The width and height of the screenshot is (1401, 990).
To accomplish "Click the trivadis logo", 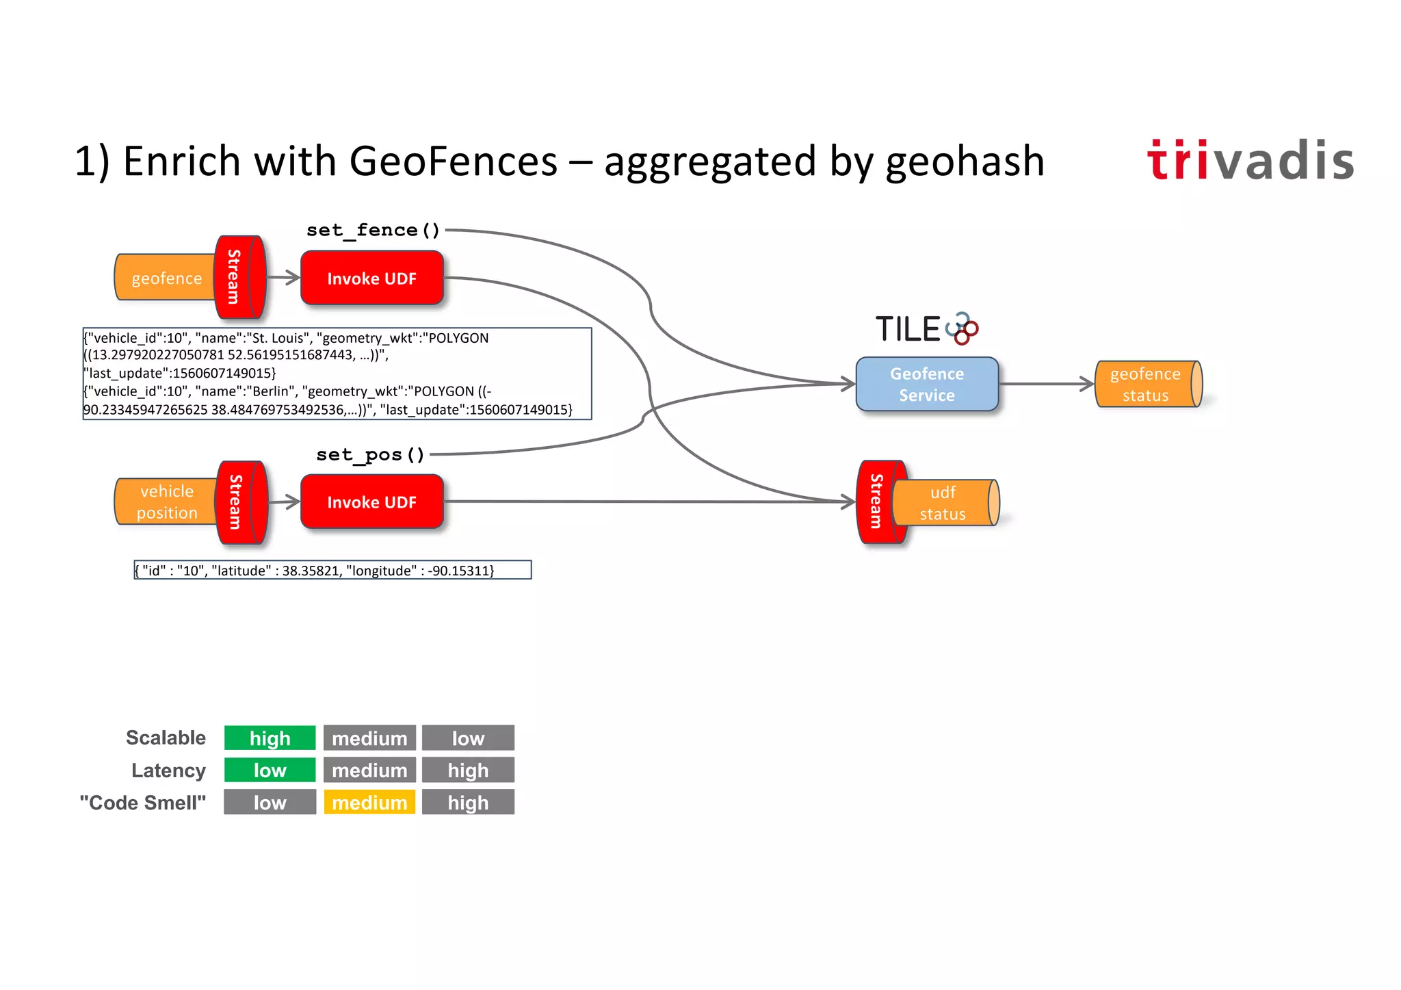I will pos(1250,161).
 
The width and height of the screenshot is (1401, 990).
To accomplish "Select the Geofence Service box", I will pos(927,384).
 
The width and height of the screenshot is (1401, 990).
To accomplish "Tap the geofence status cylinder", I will pos(1147,385).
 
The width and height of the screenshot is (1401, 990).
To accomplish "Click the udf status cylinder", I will pos(945,503).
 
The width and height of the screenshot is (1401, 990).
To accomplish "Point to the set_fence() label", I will pos(373,231).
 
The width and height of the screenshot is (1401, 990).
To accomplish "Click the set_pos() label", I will pos(370,454).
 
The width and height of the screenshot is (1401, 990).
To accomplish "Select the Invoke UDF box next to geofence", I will pos(371,278).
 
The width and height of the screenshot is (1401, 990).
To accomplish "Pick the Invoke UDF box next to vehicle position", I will pos(371,502).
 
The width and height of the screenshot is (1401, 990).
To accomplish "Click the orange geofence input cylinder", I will pos(166,278).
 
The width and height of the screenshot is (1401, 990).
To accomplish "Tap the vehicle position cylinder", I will pos(166,502).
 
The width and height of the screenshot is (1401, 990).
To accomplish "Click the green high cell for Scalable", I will pos(270,738).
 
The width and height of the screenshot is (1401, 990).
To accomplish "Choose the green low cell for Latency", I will pos(270,770).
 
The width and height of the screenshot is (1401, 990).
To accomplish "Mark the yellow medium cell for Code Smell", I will pos(369,803).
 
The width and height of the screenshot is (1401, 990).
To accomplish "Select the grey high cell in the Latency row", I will pos(468,770).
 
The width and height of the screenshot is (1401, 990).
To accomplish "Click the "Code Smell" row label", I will pos(142,803).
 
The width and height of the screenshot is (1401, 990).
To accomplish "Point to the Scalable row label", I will pos(166,738).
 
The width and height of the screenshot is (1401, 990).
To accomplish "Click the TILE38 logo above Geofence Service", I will pos(926,329).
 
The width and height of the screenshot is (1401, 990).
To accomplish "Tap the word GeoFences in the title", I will pos(453,161).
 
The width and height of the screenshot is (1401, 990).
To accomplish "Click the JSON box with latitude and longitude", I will pos(332,570).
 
